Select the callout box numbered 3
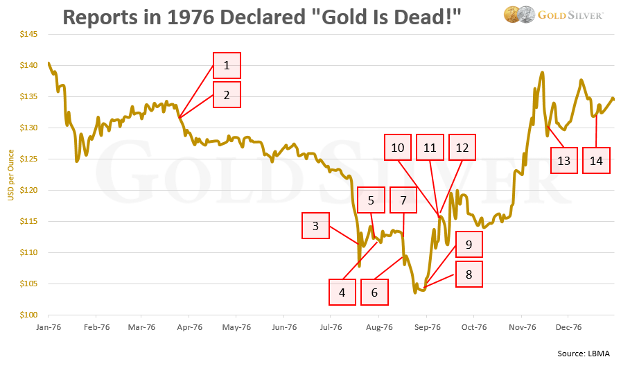pos(315,225)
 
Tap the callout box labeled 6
pos(374,292)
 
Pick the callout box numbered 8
pos(469,274)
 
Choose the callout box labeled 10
pos(397,147)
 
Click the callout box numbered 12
pos(462,147)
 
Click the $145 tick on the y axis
pos(28,34)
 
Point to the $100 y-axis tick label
pos(28,315)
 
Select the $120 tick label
pos(28,190)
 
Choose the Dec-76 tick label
pos(567,326)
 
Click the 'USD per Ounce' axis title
pos(10,175)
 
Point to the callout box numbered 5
pos(371,200)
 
